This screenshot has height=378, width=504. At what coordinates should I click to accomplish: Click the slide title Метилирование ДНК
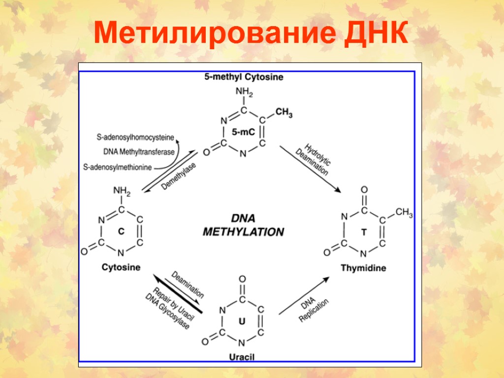click(252, 33)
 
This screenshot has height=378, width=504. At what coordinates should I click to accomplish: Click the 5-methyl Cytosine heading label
click(244, 77)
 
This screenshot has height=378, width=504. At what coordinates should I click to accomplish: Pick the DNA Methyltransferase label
click(139, 152)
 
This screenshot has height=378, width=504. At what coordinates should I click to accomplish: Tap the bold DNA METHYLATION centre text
click(243, 225)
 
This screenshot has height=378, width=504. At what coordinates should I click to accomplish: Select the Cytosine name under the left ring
click(121, 267)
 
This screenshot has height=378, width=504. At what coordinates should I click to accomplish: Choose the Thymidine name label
click(363, 268)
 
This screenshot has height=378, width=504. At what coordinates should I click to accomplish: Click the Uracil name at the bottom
click(242, 356)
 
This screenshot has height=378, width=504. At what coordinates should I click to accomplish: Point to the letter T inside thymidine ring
click(364, 231)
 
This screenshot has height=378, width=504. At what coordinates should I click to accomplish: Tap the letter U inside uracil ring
click(242, 321)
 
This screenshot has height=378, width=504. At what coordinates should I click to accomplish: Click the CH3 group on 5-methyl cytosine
click(283, 113)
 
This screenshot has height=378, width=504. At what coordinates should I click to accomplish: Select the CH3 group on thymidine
click(404, 213)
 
